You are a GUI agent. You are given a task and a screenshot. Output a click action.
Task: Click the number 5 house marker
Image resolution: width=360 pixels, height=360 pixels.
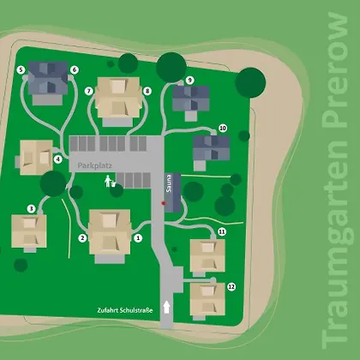pos(21,69)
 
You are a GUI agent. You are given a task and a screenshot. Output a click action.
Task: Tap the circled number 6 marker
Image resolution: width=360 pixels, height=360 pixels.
pos(75,69)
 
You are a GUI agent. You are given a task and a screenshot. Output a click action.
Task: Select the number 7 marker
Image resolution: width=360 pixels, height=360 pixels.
pos(89,91)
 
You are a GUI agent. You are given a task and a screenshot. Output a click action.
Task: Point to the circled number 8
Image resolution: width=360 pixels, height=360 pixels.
pos(147,91)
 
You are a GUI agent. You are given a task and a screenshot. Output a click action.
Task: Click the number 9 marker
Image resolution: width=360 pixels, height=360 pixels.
pos(190,81)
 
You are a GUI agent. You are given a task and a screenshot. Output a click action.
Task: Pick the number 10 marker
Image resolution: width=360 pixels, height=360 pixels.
pos(223,129)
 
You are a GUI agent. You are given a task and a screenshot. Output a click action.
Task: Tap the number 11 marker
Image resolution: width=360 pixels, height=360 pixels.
pos(222,231)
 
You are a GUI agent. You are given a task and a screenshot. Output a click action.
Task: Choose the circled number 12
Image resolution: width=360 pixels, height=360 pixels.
pos(231,286)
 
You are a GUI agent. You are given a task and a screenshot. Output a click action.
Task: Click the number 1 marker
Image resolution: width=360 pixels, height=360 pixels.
pos(138,237)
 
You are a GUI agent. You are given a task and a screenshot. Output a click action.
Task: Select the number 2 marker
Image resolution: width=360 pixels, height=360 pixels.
pos(82,237)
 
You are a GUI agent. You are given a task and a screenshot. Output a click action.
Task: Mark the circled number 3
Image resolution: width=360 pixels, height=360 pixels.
pos(32,209)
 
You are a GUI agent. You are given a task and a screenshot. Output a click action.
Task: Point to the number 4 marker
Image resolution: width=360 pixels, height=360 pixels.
pos(58,159)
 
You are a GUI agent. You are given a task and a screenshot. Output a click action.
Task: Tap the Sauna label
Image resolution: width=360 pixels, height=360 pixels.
pos(169,183)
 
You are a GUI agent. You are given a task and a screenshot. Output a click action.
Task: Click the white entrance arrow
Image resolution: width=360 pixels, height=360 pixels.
pos(166,307)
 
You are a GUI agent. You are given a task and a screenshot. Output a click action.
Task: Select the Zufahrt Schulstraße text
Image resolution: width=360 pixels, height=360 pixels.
pos(125,310)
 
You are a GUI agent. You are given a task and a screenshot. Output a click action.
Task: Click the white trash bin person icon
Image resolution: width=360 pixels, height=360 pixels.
pos(110,181)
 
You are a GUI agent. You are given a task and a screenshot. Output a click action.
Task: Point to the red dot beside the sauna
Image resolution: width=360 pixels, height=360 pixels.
pos(163,203)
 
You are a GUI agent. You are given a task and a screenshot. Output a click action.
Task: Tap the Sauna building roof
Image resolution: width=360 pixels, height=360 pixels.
pos(172,193)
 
